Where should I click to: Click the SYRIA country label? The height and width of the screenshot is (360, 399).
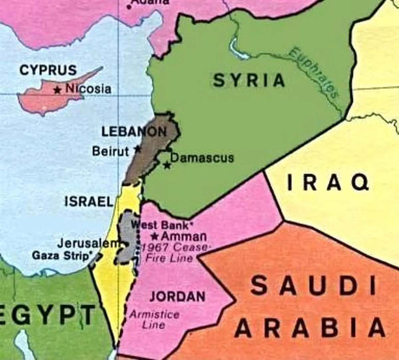point(249,80)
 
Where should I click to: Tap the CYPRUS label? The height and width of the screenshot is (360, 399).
point(48,70)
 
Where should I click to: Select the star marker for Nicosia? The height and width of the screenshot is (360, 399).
point(58,89)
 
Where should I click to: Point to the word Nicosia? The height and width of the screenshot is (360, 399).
point(88,89)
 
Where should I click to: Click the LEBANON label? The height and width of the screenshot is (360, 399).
point(134,132)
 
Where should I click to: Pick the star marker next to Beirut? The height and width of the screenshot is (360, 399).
point(137,149)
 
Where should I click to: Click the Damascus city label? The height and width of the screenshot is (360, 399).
point(202,157)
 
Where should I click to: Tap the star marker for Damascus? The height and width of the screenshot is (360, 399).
point(167,165)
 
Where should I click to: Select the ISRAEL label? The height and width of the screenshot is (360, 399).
point(89,201)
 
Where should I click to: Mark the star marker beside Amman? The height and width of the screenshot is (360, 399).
point(154,236)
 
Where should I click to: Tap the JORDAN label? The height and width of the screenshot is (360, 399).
point(177,296)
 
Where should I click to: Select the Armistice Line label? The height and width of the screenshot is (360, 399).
point(154,319)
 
